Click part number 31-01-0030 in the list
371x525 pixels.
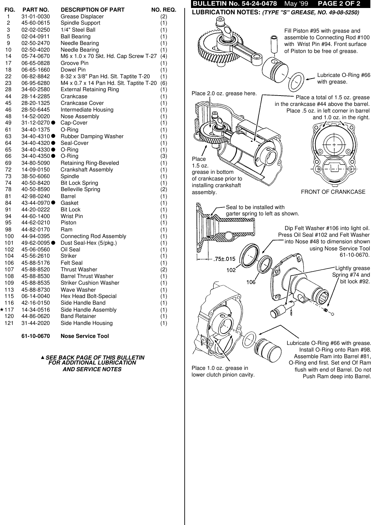(x=36, y=16)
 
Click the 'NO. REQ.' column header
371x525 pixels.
(x=164, y=10)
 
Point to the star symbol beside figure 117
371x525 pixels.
(x=2, y=309)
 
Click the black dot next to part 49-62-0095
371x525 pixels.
(x=53, y=243)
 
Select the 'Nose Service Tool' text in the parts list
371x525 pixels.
(x=85, y=336)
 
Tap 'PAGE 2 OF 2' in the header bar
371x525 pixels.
(x=339, y=4)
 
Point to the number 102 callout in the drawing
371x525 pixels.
(x=231, y=270)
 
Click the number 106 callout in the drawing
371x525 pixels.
(x=251, y=282)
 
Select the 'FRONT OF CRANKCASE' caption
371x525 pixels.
(x=333, y=192)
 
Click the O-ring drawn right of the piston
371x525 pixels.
(x=295, y=81)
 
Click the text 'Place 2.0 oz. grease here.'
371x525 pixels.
(x=224, y=93)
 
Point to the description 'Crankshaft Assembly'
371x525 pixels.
(x=87, y=169)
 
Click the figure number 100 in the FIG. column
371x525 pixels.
(x=9, y=236)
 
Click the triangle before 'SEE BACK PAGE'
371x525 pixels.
(x=43, y=357)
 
